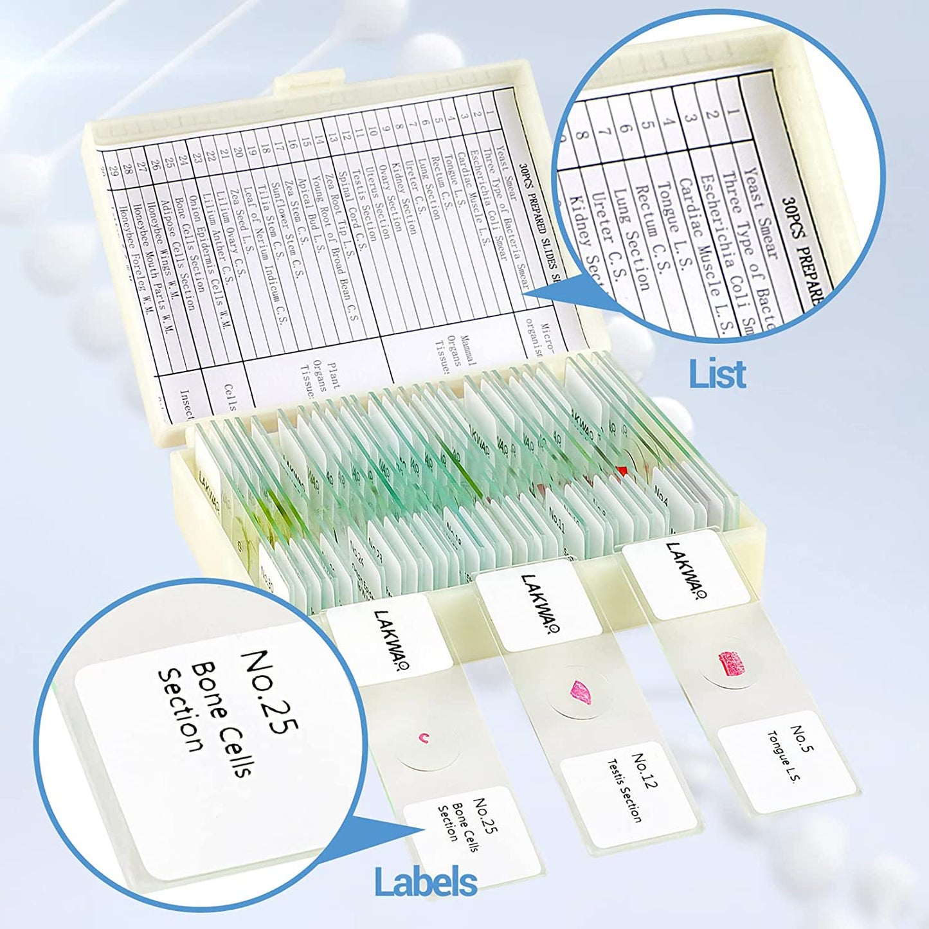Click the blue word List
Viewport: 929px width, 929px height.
[x=717, y=374]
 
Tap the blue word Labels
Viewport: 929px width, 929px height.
[x=426, y=881]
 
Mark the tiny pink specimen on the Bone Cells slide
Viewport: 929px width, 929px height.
[x=423, y=738]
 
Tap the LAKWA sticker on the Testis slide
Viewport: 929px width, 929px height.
[x=539, y=605]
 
